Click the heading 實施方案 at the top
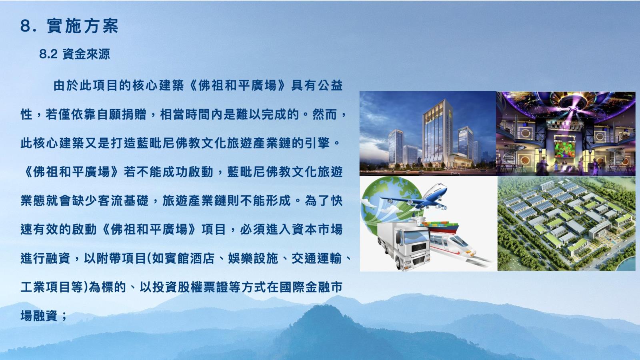pos(82,26)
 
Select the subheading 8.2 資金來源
pos(74,54)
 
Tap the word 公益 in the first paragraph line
pos(330,86)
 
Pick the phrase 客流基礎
pos(123,200)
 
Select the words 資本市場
pos(317,230)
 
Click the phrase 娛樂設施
pos(253,258)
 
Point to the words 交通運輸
pos(316,258)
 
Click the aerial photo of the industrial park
pos(566,224)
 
